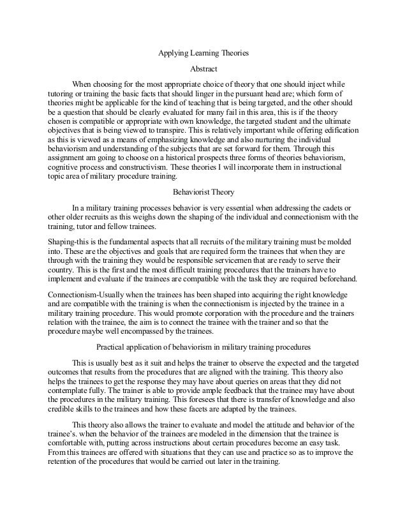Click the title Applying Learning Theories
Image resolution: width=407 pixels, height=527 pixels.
pyautogui.click(x=203, y=54)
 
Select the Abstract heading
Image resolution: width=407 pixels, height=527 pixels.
pyautogui.click(x=204, y=69)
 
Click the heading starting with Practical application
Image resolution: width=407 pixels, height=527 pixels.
pyautogui.click(x=203, y=347)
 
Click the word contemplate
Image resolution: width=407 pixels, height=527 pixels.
pyautogui.click(x=68, y=390)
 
